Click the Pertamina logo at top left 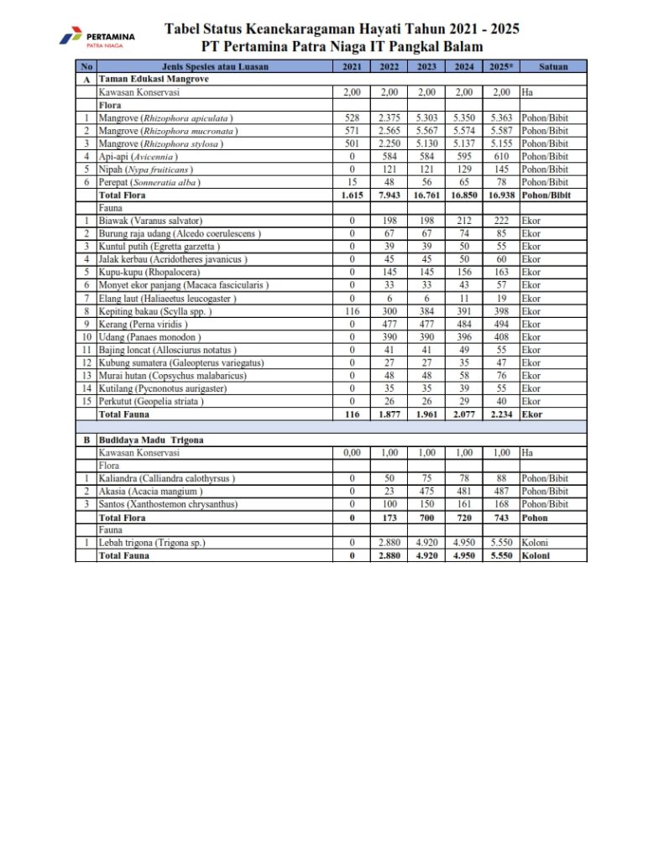point(98,39)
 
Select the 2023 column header point(426,66)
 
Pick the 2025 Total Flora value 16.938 point(500,195)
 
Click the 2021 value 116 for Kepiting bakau point(352,310)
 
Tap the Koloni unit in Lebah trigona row point(535,543)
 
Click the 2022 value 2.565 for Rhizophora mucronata point(390,131)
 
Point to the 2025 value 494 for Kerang point(500,324)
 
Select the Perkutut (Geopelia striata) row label point(151,401)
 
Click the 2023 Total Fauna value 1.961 point(426,414)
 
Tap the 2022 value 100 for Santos point(390,504)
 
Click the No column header point(86,66)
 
